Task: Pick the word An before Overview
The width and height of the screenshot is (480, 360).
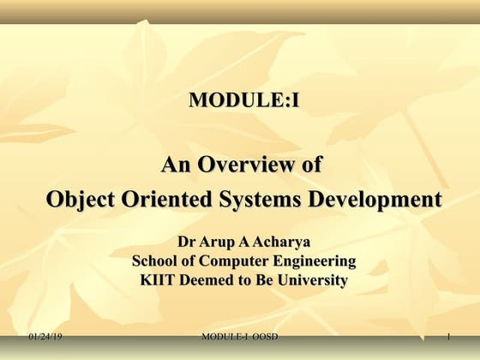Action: pos(177,164)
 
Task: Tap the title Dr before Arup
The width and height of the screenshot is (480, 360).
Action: pos(186,243)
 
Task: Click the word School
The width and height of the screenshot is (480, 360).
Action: pos(154,261)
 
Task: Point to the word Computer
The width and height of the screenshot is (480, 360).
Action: pos(230,261)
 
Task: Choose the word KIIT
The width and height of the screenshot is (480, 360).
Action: pos(158,280)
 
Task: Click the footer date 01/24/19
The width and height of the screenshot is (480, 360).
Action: pos(45,339)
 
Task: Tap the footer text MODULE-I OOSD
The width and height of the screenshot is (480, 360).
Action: pos(243,339)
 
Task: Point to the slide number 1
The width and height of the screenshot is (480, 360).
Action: pos(448,339)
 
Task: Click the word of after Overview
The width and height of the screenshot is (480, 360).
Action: pos(309,164)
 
